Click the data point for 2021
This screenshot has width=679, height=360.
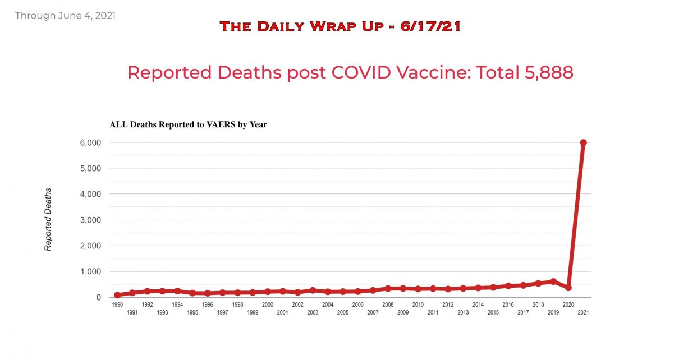(583, 142)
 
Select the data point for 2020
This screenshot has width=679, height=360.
(568, 287)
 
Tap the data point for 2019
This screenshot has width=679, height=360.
(553, 281)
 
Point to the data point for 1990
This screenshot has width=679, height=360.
(117, 295)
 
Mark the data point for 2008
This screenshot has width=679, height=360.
(388, 288)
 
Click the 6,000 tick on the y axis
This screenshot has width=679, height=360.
(90, 142)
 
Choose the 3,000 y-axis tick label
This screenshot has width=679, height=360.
(90, 220)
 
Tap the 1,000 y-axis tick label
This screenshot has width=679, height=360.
(90, 271)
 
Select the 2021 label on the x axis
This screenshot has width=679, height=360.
(583, 312)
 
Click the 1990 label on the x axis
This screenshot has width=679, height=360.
(117, 305)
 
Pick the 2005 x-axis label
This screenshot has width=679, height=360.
(343, 312)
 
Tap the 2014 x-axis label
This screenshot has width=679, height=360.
(478, 305)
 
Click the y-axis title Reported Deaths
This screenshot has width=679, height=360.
(48, 219)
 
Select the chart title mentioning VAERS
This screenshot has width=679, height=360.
(188, 124)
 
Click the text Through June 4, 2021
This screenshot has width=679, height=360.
(65, 16)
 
